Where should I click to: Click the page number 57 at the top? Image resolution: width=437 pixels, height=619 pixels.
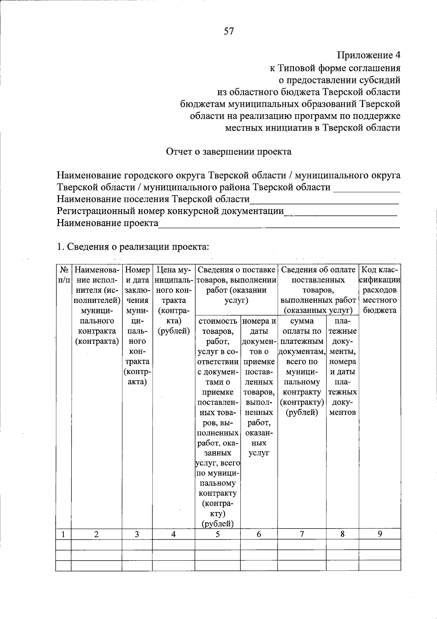tap(228, 31)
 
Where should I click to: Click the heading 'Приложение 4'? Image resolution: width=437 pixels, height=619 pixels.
tap(368, 55)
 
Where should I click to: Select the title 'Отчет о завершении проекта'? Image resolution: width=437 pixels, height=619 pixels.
tap(229, 152)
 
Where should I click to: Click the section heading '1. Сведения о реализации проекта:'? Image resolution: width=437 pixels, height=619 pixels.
tap(133, 247)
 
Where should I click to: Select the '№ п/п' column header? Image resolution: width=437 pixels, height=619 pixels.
tap(64, 275)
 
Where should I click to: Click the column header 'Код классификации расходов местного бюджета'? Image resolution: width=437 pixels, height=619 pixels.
tap(380, 290)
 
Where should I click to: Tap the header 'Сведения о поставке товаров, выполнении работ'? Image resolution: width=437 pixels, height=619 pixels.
tap(236, 285)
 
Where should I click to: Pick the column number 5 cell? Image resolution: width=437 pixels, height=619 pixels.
tap(217, 534)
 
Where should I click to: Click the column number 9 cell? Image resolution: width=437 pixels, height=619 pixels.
tap(380, 534)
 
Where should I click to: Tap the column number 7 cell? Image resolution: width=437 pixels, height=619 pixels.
tap(302, 534)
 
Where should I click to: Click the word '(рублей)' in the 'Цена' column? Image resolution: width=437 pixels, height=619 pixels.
tap(174, 331)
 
